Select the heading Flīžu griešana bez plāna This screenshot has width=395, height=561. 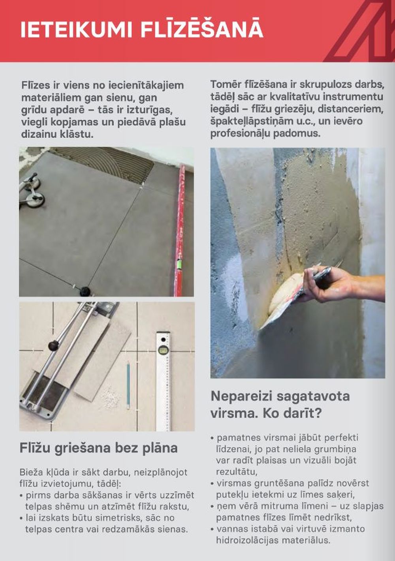[x=98, y=448]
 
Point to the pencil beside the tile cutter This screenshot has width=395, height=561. [x=128, y=385]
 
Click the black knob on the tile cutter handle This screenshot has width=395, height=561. [x=53, y=346]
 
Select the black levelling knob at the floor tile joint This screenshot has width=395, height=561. [x=85, y=292]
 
